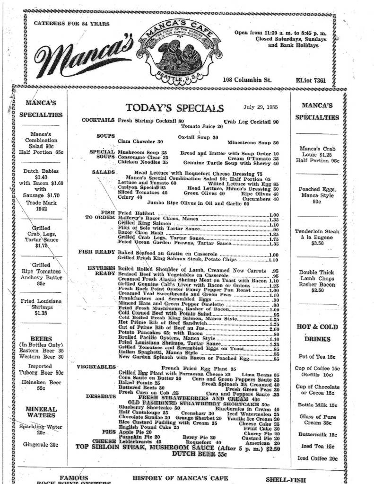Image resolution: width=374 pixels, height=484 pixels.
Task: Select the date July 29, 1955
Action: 260,107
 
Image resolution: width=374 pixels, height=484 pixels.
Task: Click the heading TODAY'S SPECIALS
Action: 175,108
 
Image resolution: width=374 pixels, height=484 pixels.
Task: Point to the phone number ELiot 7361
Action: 310,80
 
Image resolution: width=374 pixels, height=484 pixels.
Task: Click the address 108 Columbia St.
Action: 247,80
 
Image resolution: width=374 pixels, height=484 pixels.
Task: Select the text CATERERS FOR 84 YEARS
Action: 72,24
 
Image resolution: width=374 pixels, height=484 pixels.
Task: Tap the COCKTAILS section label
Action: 98,121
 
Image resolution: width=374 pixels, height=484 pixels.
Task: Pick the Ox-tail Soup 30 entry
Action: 198,137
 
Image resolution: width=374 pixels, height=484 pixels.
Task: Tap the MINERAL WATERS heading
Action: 41,412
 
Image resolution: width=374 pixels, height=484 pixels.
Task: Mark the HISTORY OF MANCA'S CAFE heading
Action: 180,478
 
